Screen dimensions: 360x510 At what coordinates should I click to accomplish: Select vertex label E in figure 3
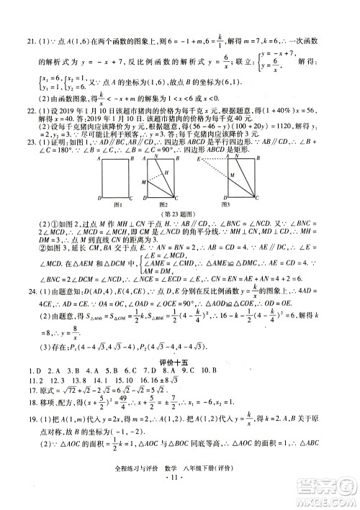point(198,155)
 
